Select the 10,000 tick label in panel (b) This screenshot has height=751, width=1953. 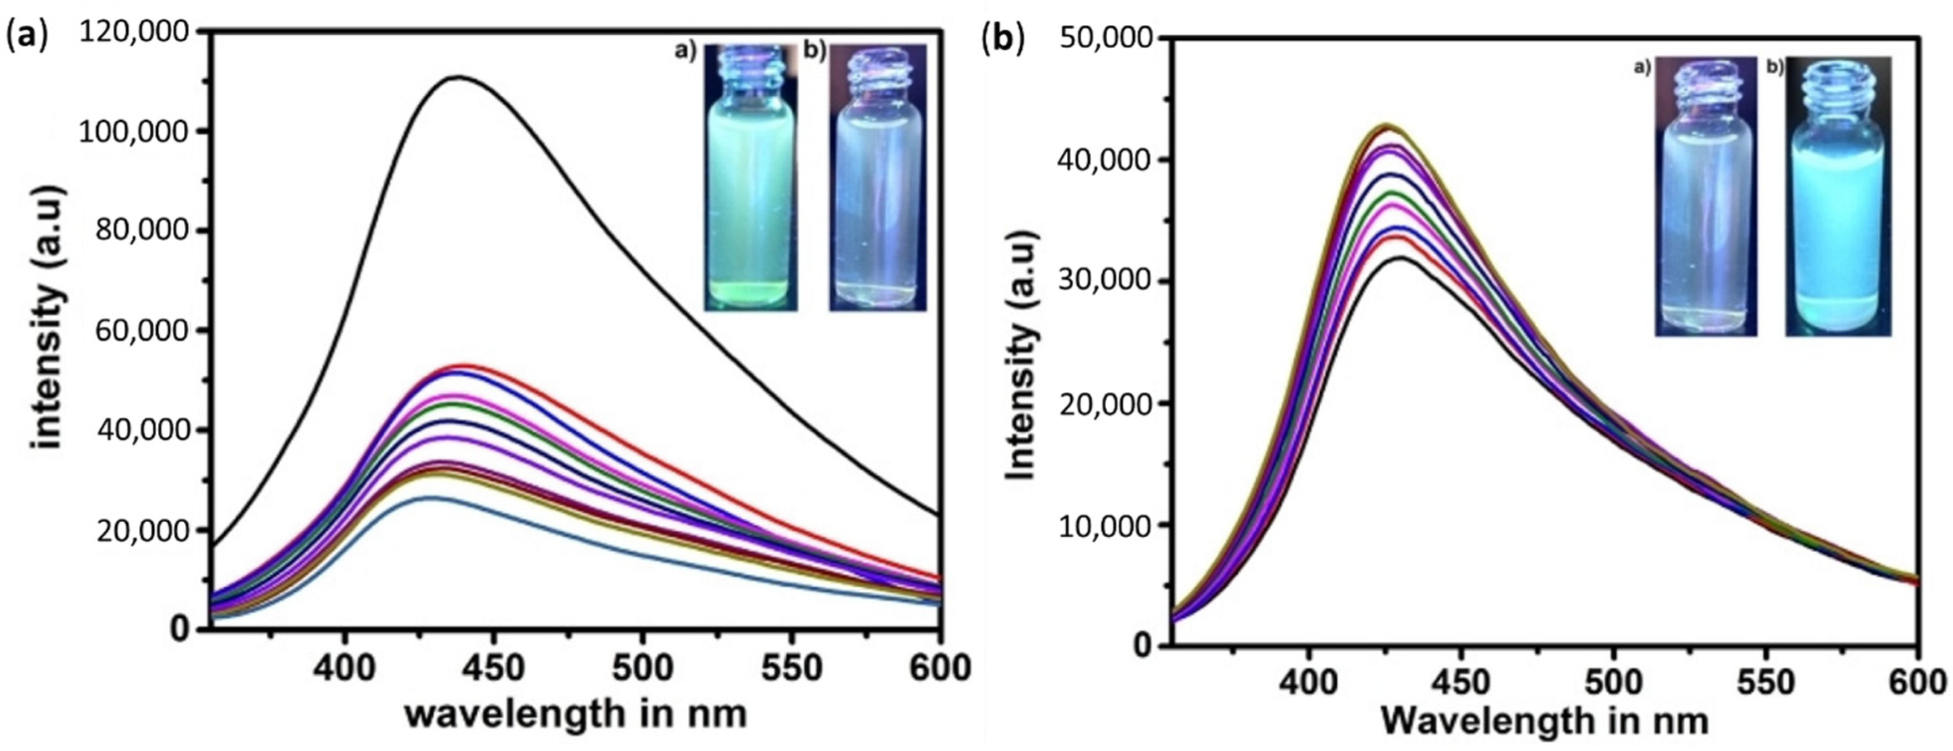pyautogui.click(x=1108, y=525)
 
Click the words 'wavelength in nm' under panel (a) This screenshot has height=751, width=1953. pyautogui.click(x=576, y=714)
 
